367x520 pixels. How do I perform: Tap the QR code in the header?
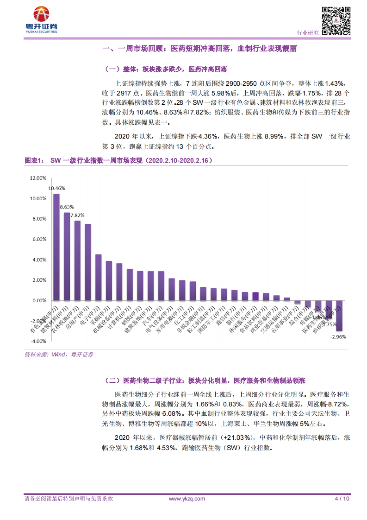tap(336, 21)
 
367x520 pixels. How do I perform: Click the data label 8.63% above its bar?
tap(67, 207)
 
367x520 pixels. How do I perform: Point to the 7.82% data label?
tap(77, 215)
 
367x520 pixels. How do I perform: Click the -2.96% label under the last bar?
tap(338, 337)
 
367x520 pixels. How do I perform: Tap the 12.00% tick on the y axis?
tap(38, 178)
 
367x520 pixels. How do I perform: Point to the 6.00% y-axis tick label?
tap(39, 239)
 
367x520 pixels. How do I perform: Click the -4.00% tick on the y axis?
tap(39, 341)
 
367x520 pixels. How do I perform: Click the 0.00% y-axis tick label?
tap(39, 300)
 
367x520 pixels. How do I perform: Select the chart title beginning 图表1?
tap(118, 160)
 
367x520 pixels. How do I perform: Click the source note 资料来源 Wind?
tap(59, 355)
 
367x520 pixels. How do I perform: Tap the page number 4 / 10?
tap(342, 499)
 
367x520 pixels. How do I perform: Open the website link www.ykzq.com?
tap(187, 499)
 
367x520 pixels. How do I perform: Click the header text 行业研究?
tap(308, 33)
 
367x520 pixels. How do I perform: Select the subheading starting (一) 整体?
tap(166, 69)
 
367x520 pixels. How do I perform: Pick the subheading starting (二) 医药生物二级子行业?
tap(205, 381)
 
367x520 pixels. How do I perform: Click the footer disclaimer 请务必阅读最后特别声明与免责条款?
tap(69, 499)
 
